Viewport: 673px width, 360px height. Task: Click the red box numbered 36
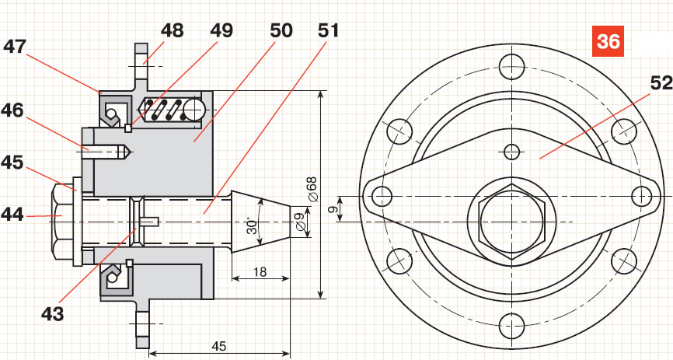(x=608, y=41)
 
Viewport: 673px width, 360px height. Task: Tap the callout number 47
(x=15, y=47)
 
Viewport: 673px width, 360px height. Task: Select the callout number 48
(x=172, y=31)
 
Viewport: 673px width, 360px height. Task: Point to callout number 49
(x=221, y=31)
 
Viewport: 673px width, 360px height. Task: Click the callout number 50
(x=281, y=31)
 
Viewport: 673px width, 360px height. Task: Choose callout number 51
(x=329, y=31)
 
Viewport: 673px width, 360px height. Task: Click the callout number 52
(x=661, y=83)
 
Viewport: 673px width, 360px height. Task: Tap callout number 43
(x=53, y=314)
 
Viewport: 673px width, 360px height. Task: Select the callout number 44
(x=12, y=214)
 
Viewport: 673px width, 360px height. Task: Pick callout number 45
(x=12, y=163)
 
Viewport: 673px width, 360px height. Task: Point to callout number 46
(x=12, y=111)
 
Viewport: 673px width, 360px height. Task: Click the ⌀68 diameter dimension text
(x=312, y=189)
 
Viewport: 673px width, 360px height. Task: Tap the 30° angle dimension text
(x=253, y=225)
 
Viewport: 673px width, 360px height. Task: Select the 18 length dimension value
(x=260, y=272)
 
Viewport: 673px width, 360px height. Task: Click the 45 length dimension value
(x=219, y=346)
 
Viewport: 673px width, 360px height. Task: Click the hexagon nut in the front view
(x=511, y=222)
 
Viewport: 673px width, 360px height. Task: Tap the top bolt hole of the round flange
(x=511, y=68)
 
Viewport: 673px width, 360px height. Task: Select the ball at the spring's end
(x=193, y=110)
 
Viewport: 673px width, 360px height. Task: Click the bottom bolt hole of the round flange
(x=511, y=325)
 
